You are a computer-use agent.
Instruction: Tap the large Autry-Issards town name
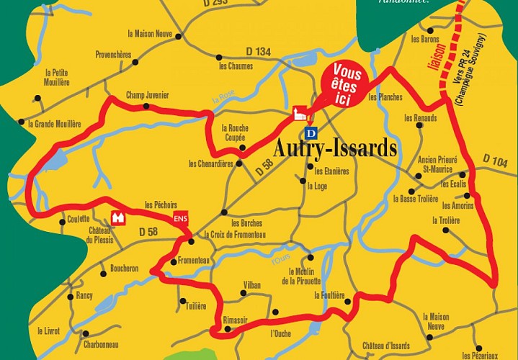pyautogui.click(x=335, y=148)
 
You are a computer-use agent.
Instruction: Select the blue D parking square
pyautogui.click(x=311, y=133)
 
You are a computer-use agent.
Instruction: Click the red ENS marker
pyautogui.click(x=180, y=220)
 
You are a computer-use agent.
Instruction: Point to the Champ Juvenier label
pyautogui.click(x=147, y=94)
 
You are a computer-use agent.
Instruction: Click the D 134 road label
pyautogui.click(x=258, y=51)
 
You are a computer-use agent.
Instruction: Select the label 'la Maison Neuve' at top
pyautogui.click(x=150, y=34)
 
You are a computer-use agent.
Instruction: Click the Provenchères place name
pyautogui.click(x=113, y=54)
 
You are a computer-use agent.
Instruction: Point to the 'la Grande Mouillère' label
pyautogui.click(x=55, y=124)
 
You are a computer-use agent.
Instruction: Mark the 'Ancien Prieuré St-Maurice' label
pyautogui.click(x=437, y=164)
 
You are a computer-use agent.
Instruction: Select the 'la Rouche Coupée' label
pyautogui.click(x=234, y=132)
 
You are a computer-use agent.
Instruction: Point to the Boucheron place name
pyautogui.click(x=124, y=269)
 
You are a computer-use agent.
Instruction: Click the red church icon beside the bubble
pyautogui.click(x=300, y=113)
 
